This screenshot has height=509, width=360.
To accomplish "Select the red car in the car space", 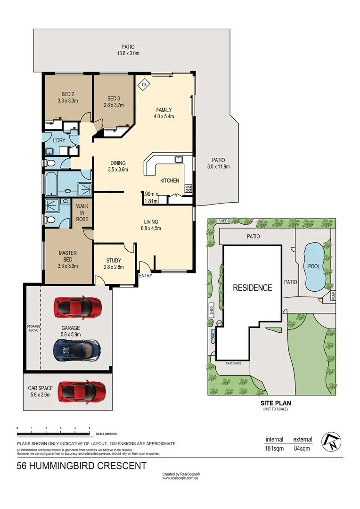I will [81, 391].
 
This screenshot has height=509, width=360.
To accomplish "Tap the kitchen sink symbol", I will [179, 159].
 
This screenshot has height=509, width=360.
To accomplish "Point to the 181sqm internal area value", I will [274, 448].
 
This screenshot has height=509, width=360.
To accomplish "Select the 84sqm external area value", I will [302, 448].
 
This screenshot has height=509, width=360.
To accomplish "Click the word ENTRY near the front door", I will [146, 276].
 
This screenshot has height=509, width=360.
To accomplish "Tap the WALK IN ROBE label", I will [82, 213].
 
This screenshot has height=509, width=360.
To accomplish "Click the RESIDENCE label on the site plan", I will [253, 287].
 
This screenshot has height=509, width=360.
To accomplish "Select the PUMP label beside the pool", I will [332, 296].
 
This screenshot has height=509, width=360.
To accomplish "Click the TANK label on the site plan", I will [213, 336].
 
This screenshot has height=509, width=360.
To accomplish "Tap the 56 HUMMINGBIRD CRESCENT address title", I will [82, 466].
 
